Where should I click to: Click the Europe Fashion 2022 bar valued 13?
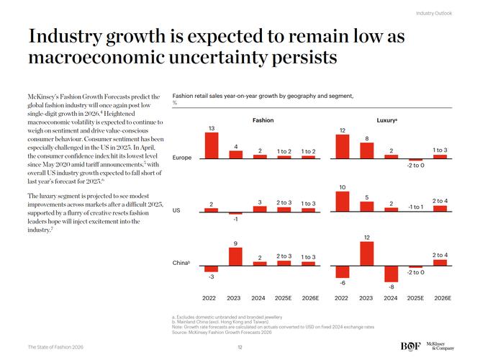(x=211, y=145)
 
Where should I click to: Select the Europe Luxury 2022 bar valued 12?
(x=343, y=146)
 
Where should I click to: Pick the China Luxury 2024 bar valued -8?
(x=391, y=273)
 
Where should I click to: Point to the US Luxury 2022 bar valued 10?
(x=343, y=202)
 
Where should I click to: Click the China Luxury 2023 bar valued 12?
(x=366, y=253)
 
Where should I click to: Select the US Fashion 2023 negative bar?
(x=235, y=214)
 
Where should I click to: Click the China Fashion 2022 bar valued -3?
(x=211, y=268)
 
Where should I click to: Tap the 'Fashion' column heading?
(x=263, y=120)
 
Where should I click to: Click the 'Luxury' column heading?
(x=387, y=120)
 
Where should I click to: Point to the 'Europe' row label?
(x=182, y=158)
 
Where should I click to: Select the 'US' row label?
(x=177, y=211)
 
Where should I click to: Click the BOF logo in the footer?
(x=410, y=346)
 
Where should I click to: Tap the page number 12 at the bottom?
(x=240, y=347)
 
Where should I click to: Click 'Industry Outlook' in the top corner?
(x=434, y=13)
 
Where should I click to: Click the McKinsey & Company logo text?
(x=440, y=346)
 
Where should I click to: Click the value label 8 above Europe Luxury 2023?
(x=366, y=138)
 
